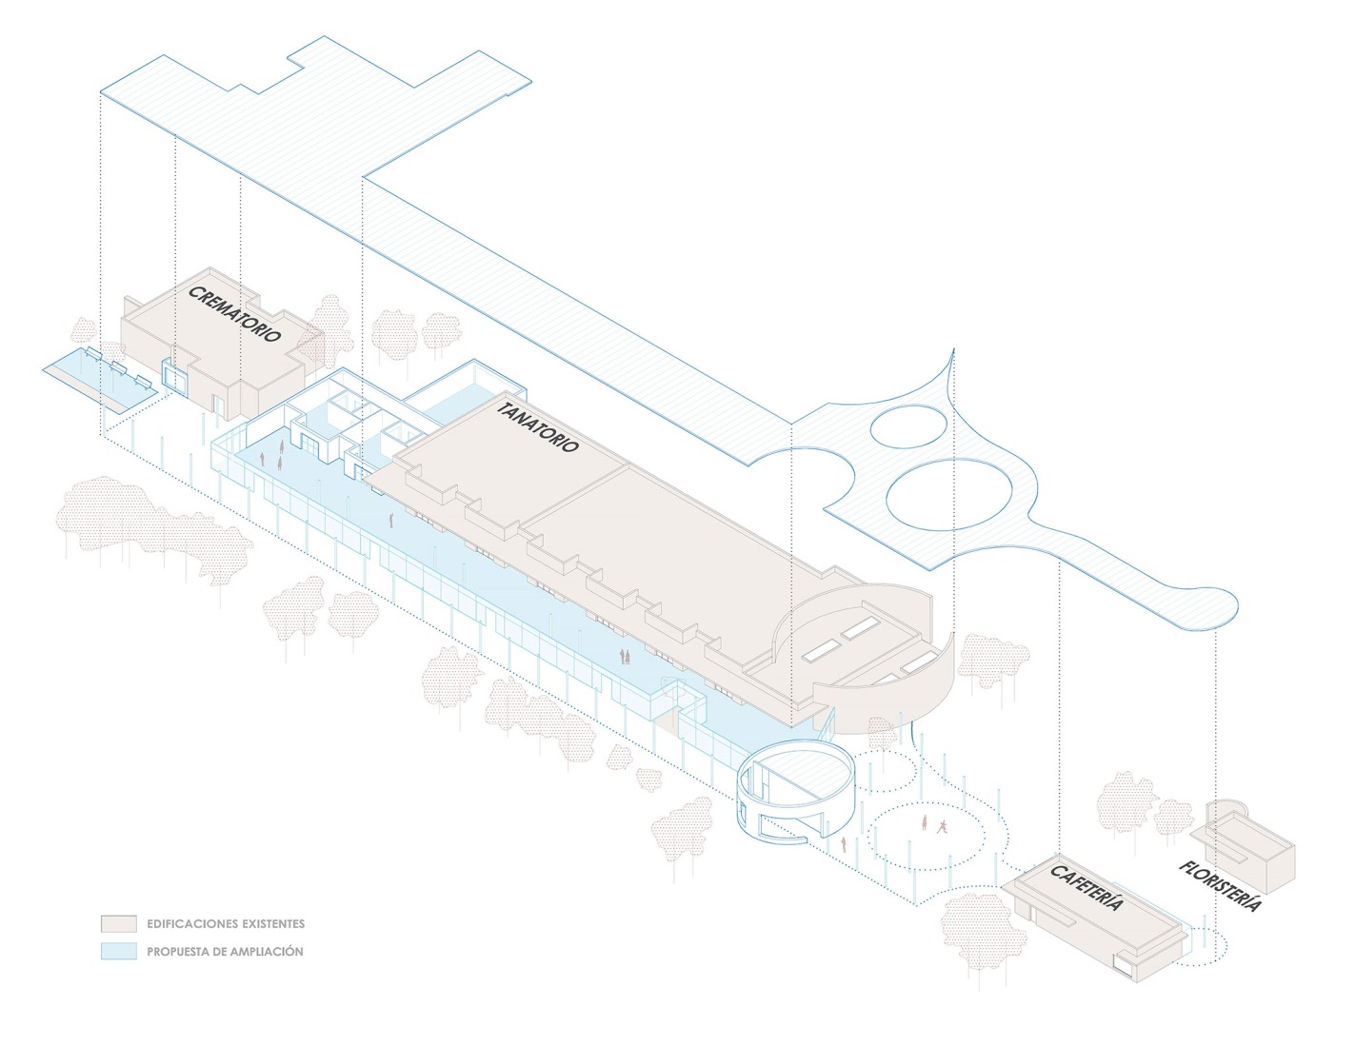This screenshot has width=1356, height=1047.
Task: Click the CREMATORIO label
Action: [234, 314]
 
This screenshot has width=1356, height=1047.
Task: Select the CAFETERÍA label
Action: [1087, 887]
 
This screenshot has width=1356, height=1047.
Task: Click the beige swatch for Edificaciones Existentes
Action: [118, 923]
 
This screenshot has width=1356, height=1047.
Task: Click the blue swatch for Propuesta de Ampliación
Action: [118, 951]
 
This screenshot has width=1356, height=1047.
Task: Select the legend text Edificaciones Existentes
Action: [226, 923]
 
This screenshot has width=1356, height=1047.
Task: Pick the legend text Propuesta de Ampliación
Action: [225, 951]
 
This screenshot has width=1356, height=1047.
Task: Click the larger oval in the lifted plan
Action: [948, 495]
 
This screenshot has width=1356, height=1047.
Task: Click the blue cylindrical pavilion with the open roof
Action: [798, 792]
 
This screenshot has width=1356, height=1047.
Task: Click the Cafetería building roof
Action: [1095, 904]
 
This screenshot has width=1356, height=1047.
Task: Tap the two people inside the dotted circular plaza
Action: [932, 824]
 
